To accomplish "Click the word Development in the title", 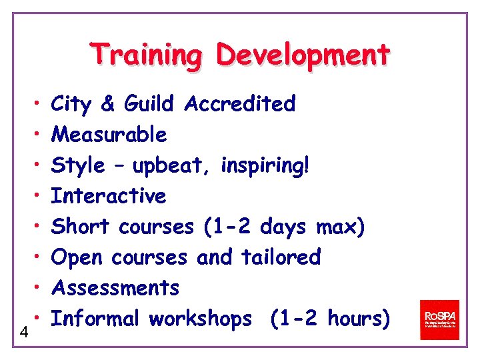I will pos(302,55).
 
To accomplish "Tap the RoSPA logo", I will pos(439,319).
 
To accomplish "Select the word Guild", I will pos(149,104).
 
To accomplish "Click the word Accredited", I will pos(241,104).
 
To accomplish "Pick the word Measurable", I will pos(109,135).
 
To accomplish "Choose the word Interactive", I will pos(109,196).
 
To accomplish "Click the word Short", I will pos(80,227).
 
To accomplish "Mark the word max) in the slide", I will pos(340,227).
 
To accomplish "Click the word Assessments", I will pos(115,288).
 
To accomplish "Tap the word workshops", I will pos(201,319).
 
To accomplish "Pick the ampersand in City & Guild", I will pos(107,104).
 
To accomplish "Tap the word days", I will pos(283,227).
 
